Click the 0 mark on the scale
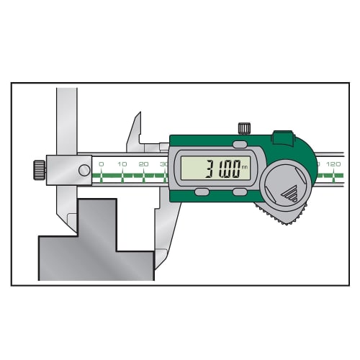pos(101,165)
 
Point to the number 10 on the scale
pos(122,165)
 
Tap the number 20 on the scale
pos(143,165)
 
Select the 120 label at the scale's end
pos(333,165)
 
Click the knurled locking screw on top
pos(244,129)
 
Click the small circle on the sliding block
pos(84,170)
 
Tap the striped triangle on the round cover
pos(291,192)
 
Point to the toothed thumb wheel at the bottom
pos(281,215)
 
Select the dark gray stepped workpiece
pos(94,241)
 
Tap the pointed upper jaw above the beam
pos(134,133)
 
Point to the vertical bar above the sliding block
pos(67,119)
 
